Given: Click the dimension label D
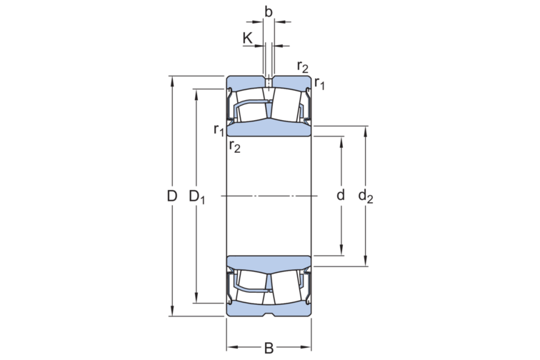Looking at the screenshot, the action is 172,196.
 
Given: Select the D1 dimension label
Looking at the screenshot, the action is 197,196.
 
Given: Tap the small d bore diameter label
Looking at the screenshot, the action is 340,195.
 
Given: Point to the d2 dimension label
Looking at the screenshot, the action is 366,196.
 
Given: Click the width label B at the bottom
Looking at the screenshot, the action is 269,349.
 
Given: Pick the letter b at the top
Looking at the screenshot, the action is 269,11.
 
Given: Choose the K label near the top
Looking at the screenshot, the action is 247,39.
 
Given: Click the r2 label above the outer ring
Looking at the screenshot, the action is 303,66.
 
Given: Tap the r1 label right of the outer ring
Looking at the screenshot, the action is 319,84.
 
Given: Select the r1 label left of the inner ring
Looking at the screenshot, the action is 219,130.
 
